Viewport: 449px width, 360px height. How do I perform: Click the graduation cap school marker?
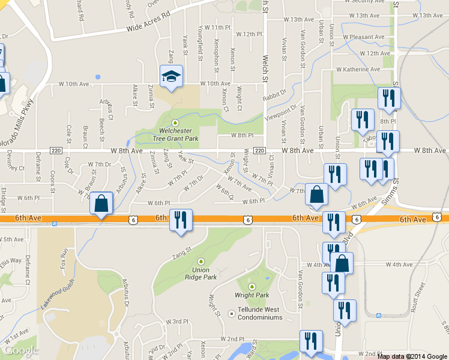tap(171, 77)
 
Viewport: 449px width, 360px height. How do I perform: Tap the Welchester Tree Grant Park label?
tap(175, 133)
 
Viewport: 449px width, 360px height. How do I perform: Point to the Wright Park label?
tap(252, 295)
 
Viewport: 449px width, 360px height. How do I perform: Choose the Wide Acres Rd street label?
tap(149, 21)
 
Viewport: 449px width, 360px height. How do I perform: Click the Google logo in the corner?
tap(22, 350)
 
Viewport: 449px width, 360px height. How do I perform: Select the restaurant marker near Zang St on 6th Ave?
tap(181, 220)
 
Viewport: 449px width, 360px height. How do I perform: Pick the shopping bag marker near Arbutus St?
tap(101, 204)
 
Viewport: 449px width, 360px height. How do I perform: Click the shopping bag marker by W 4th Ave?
tap(342, 263)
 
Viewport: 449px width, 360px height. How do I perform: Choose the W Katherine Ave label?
tap(358, 70)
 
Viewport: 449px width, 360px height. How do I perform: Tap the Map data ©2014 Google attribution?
tap(412, 356)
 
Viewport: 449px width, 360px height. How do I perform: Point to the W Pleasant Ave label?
tap(364, 37)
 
